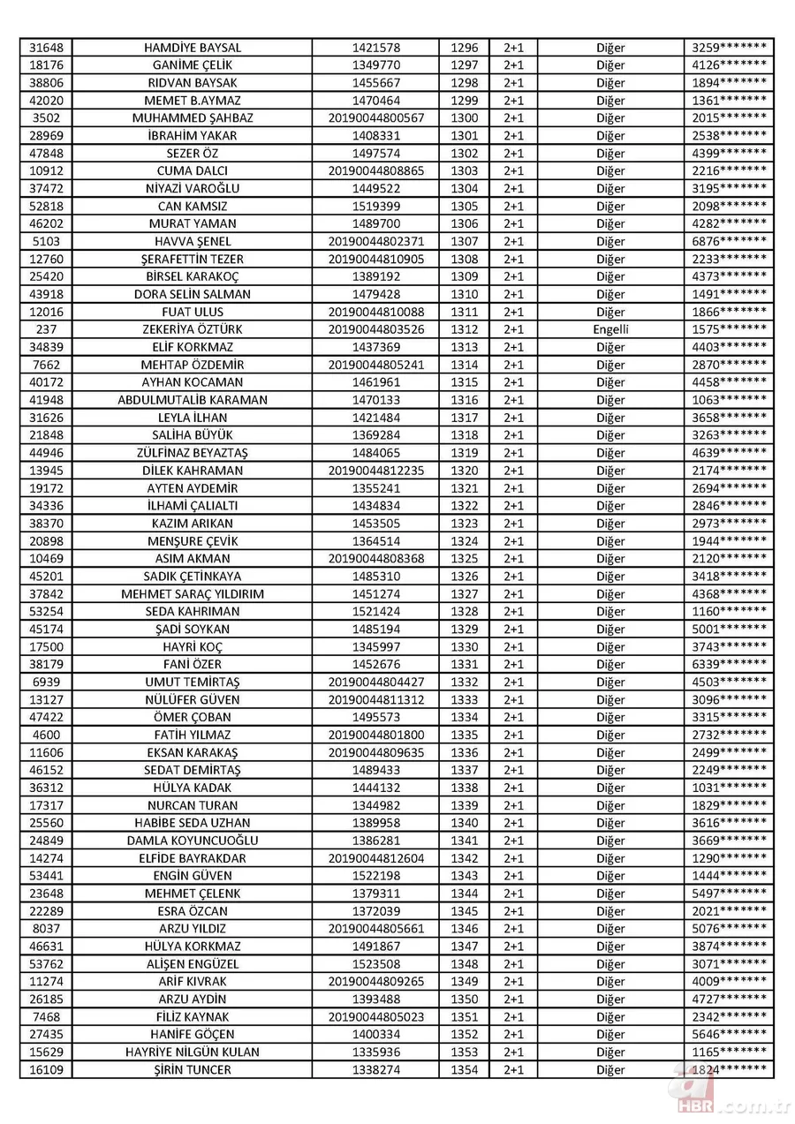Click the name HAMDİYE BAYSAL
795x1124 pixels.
(x=192, y=48)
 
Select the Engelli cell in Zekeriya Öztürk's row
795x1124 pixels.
(x=610, y=329)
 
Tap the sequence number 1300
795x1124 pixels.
(x=464, y=118)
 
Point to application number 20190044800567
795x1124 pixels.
(x=375, y=118)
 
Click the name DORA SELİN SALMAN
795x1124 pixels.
(x=192, y=294)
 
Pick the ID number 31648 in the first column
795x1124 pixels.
(x=45, y=48)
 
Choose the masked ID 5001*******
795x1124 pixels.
(x=729, y=630)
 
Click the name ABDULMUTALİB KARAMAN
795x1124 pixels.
(x=192, y=400)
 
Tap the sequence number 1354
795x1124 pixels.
(x=464, y=1070)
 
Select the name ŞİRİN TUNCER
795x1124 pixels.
(x=192, y=1070)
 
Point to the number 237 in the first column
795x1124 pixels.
(x=45, y=329)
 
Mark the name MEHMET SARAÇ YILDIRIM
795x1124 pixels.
(x=192, y=594)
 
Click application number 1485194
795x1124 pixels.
(x=375, y=630)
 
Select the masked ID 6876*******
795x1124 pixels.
(x=729, y=242)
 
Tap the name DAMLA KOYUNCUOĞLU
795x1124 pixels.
(x=192, y=841)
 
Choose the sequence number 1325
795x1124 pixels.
(x=464, y=559)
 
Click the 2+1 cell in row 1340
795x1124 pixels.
(x=513, y=823)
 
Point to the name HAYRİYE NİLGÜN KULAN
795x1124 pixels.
(x=192, y=1052)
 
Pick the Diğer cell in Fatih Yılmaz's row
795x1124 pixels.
(x=610, y=736)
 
